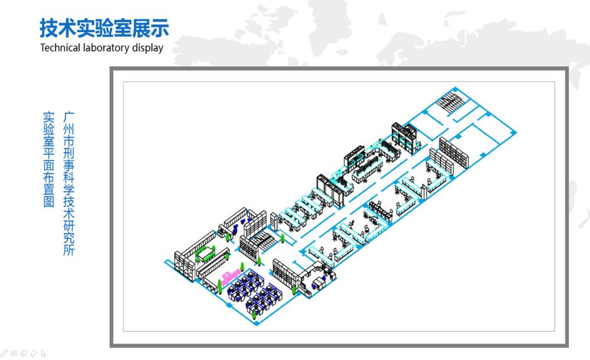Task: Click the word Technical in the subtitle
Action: (60, 48)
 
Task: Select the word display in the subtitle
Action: (147, 48)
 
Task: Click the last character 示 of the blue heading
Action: (160, 28)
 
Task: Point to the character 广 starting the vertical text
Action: (69, 117)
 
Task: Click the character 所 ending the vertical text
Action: (69, 250)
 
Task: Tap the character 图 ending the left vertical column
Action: (49, 201)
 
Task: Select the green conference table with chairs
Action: (205, 254)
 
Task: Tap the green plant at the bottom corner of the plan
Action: (255, 313)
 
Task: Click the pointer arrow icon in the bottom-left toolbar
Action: (43, 353)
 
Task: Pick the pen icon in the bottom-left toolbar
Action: (4, 353)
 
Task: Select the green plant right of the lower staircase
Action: (282, 238)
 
